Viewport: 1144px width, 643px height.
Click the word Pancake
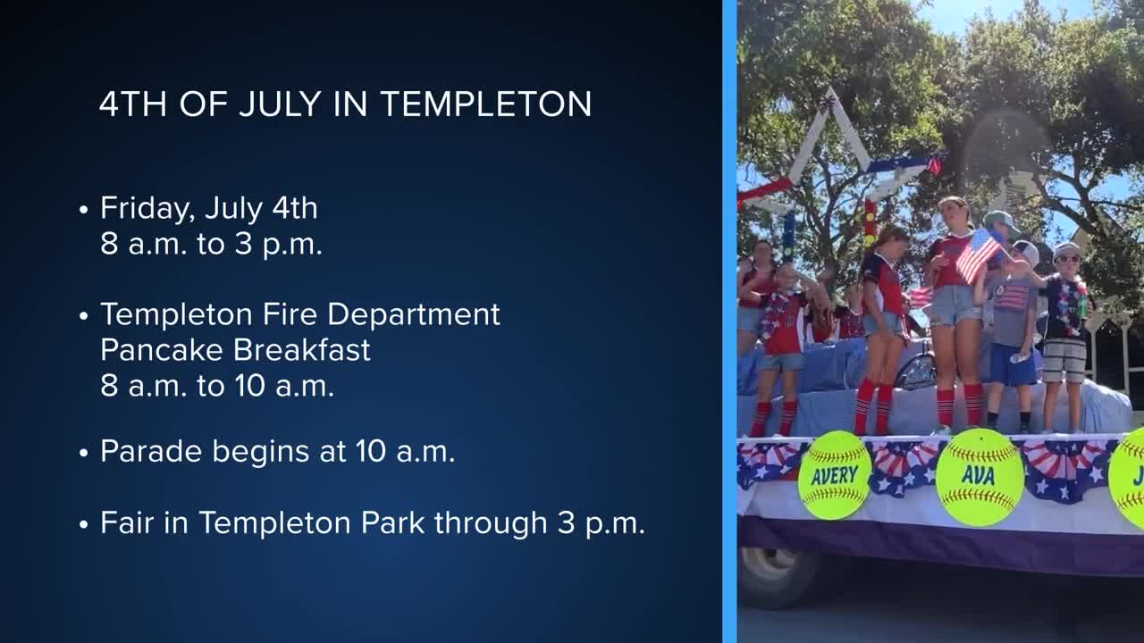point(162,350)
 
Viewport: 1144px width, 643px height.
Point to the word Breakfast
point(302,350)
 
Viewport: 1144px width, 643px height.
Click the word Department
point(414,315)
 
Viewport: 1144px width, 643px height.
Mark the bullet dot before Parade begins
point(84,453)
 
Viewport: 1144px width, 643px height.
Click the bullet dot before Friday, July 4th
point(84,210)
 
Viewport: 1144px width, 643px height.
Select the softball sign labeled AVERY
point(835,475)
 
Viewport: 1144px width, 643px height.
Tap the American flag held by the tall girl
point(978,255)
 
